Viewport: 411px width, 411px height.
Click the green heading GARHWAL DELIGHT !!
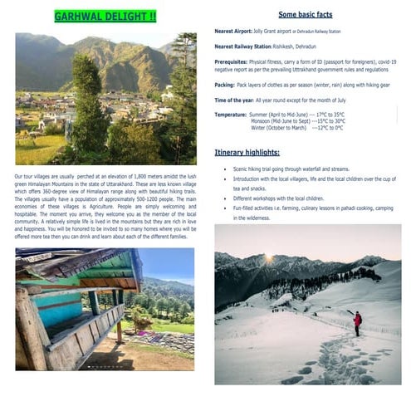pos(105,16)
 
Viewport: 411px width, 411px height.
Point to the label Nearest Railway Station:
pos(240,47)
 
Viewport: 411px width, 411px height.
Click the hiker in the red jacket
pos(358,321)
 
